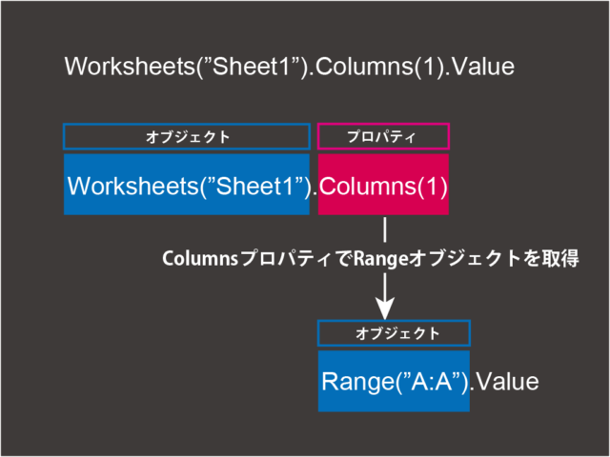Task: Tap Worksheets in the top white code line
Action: click(x=130, y=67)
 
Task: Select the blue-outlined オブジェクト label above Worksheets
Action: click(x=187, y=136)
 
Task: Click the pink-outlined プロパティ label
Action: click(x=383, y=136)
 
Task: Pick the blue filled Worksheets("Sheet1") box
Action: click(x=187, y=184)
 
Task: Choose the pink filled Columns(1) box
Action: click(x=383, y=184)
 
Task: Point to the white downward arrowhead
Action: click(x=385, y=308)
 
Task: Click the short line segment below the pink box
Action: click(x=385, y=229)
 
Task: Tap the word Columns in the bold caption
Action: click(x=200, y=258)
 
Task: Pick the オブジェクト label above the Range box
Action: click(x=394, y=333)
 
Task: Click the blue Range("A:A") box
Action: click(x=394, y=381)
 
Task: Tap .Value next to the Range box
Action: click(x=504, y=382)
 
